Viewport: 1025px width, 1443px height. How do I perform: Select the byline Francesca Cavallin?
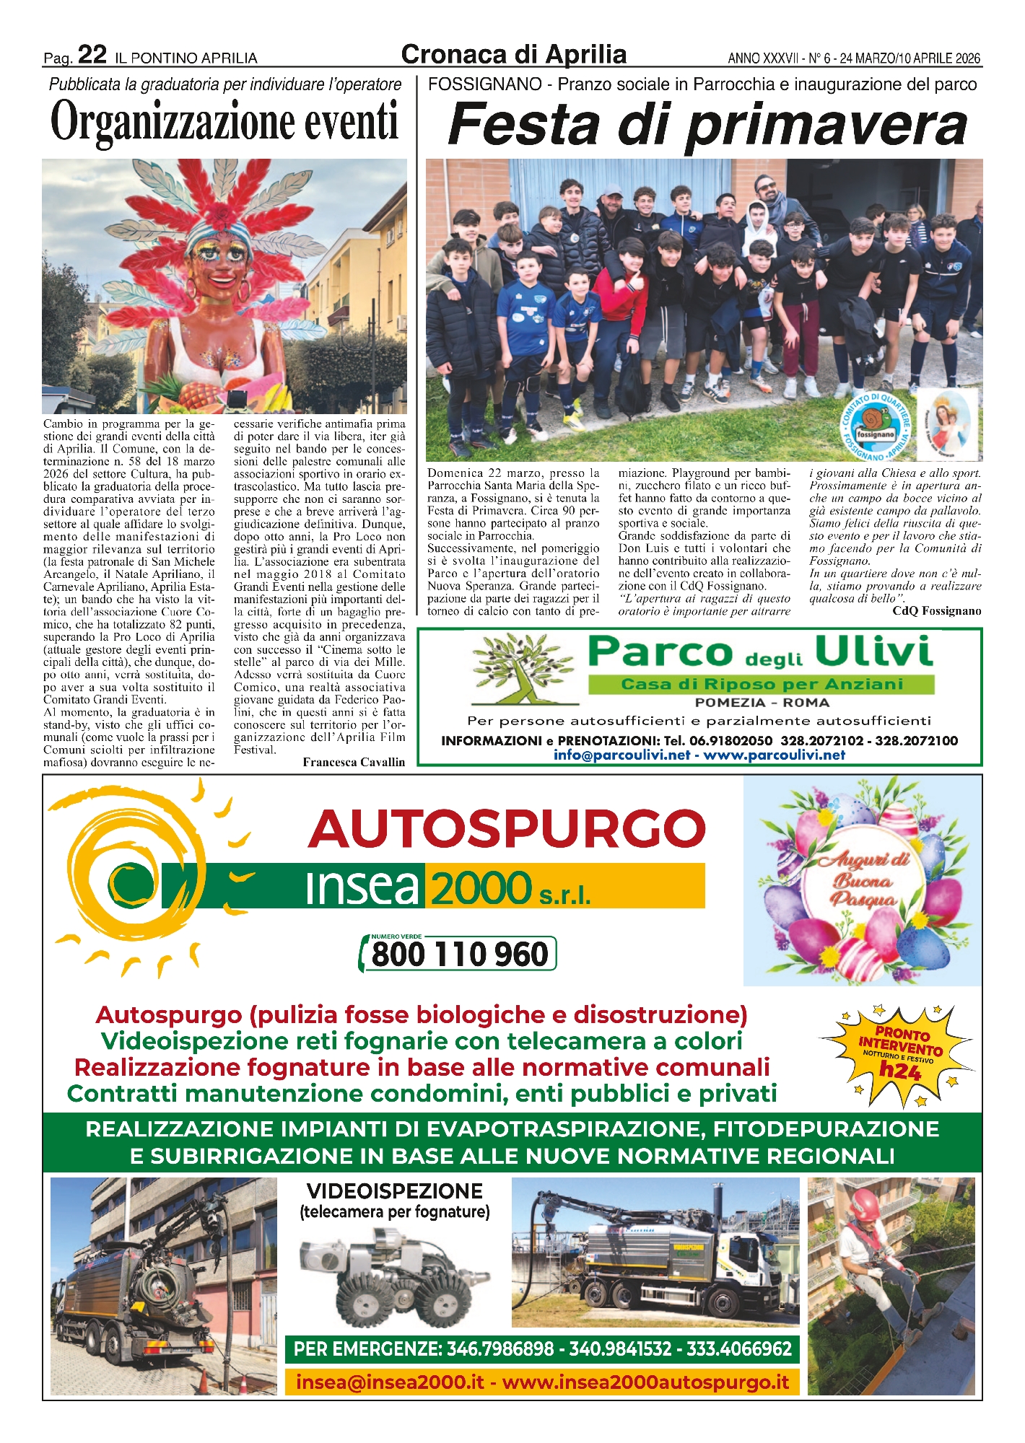click(354, 762)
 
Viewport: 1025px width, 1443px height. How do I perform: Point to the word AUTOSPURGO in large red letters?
click(507, 828)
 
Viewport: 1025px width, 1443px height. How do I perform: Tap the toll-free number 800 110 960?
click(459, 954)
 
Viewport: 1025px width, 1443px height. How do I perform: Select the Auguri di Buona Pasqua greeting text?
click(863, 880)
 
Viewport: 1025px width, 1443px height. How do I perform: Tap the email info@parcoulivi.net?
click(621, 755)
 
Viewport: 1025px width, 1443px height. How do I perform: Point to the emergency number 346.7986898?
click(500, 1348)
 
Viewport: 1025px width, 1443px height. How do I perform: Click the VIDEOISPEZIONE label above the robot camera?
click(394, 1191)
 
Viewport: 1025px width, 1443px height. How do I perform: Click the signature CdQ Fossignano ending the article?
click(936, 611)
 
